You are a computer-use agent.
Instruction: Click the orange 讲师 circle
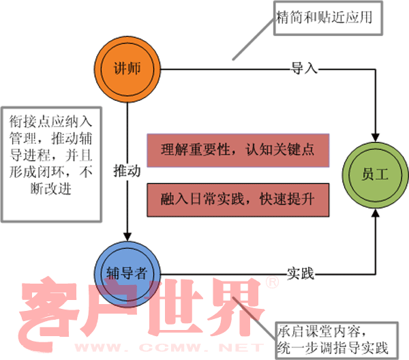tap(127, 68)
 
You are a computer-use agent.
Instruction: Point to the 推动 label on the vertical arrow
tap(127, 170)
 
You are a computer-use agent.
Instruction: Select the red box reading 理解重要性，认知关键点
tap(238, 150)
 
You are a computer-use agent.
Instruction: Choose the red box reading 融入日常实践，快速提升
tap(238, 199)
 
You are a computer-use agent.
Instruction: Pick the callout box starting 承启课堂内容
tap(335, 339)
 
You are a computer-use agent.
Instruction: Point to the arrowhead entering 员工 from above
tap(376, 135)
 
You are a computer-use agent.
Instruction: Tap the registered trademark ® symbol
tap(271, 282)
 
